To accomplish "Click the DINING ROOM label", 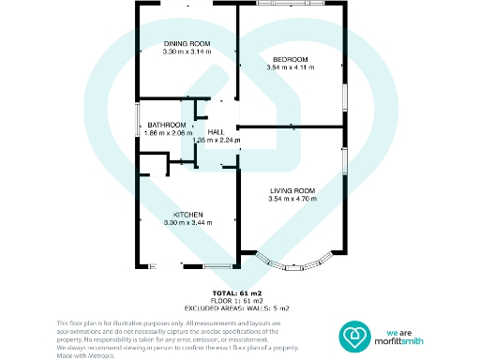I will [x=186, y=44].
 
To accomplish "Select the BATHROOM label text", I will [x=167, y=125].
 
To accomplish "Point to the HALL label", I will [x=216, y=132].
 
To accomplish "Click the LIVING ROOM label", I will [x=292, y=191].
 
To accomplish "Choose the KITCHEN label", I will [x=186, y=214].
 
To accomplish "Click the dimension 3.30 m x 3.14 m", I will [x=186, y=52].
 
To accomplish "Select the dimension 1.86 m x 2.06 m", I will [x=167, y=133].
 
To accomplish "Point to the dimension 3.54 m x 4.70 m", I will [x=292, y=200].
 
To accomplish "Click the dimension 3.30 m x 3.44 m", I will [x=186, y=222].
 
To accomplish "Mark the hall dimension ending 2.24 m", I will [x=217, y=141].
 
